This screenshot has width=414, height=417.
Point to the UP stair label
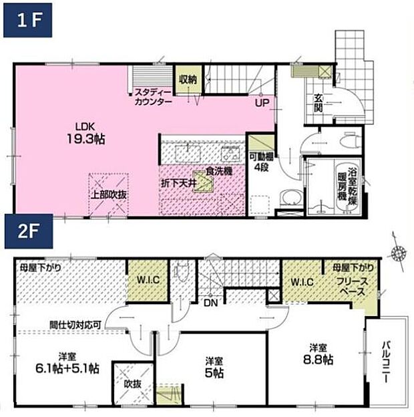tap(260, 104)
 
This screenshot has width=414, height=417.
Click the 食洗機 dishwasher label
tap(218, 172)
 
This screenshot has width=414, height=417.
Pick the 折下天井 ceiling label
tap(177, 182)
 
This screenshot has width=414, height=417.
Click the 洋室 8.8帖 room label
tap(317, 354)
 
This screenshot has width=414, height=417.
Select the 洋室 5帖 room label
tap(212, 368)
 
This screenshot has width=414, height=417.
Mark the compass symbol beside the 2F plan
tap(399, 251)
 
